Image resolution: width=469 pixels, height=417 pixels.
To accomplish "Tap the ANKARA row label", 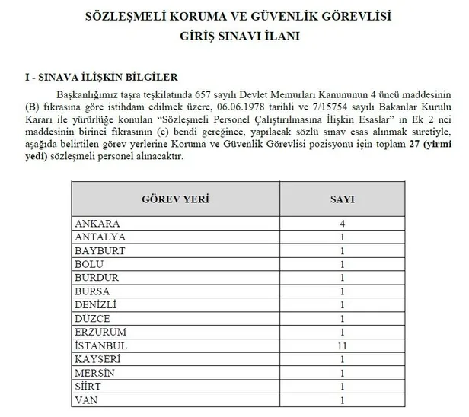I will coord(97,224).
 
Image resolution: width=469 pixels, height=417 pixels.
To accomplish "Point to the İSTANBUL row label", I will coord(100,345).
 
